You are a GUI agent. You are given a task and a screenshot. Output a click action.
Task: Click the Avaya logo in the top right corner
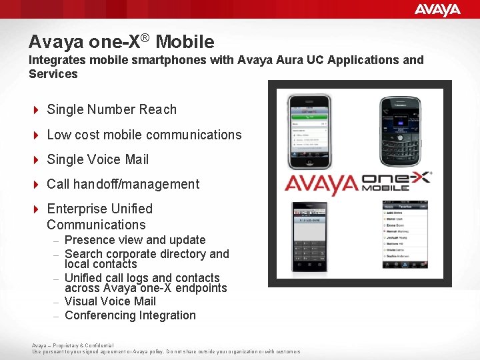coord(437,9)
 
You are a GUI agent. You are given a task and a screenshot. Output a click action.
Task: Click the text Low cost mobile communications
coord(144,135)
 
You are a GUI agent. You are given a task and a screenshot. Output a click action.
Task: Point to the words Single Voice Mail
coord(97,159)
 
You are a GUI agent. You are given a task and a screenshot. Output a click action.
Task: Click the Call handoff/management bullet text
coord(123,184)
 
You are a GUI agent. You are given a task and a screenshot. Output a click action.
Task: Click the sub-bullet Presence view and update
coord(135,240)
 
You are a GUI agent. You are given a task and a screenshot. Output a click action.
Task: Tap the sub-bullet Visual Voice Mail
coord(110,301)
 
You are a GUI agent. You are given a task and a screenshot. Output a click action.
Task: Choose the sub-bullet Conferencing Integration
coord(130,315)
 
